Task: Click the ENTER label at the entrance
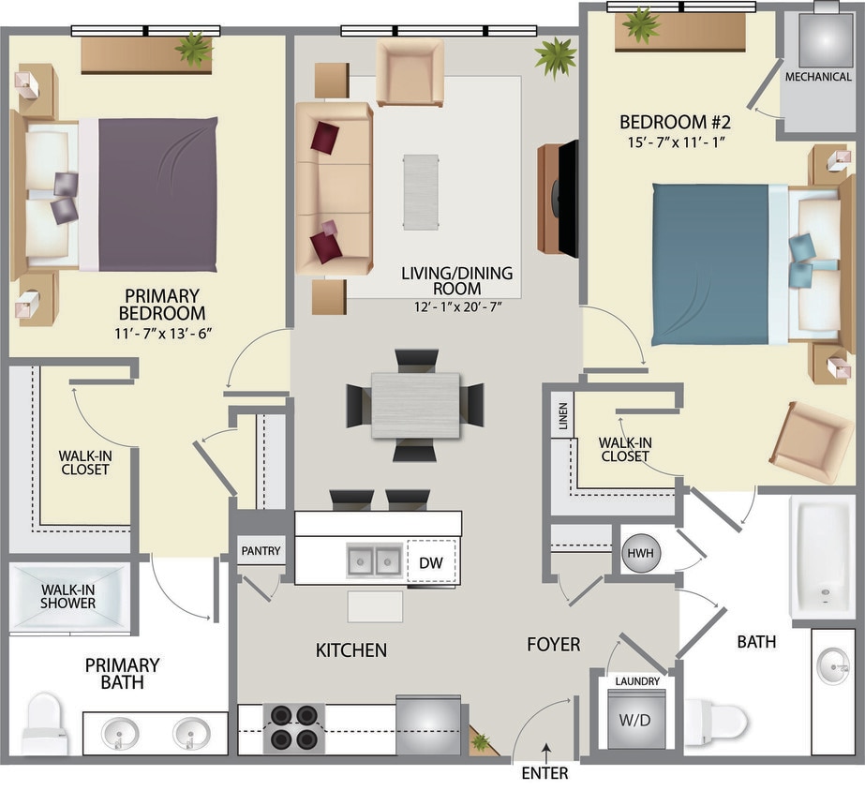tap(544, 774)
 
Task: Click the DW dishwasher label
tap(430, 562)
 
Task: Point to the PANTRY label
tap(261, 551)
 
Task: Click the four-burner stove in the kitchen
tap(295, 727)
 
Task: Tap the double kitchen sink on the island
tap(375, 560)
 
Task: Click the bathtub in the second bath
tap(821, 557)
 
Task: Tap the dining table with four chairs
tap(415, 405)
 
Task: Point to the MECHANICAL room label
tap(818, 77)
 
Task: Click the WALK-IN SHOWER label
tap(67, 597)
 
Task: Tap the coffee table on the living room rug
tap(420, 191)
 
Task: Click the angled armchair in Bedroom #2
tap(811, 441)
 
